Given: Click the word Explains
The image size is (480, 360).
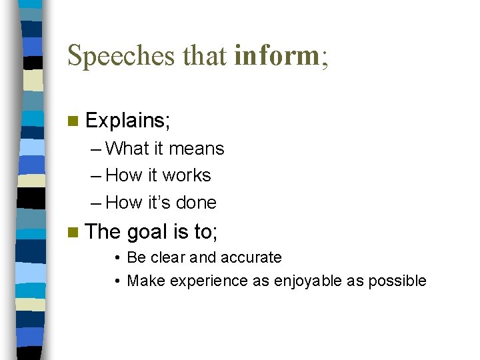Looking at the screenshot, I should point(127,121).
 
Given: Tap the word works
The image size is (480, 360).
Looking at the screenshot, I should point(187,175).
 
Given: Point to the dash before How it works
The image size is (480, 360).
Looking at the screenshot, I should point(96,176).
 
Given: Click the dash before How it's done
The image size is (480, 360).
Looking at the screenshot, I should point(96,203).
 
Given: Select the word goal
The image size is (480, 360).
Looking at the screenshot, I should point(147,232).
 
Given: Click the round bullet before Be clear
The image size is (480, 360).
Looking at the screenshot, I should point(117,258).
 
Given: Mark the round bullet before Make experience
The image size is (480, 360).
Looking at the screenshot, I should point(117,281).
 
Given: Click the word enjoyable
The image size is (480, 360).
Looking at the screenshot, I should point(306,281).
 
